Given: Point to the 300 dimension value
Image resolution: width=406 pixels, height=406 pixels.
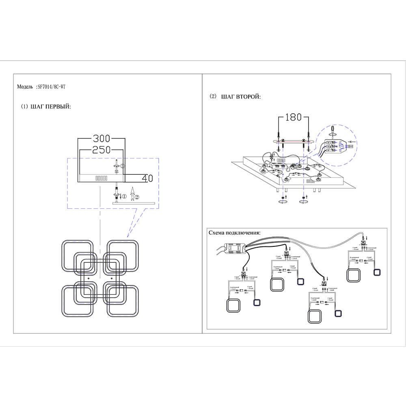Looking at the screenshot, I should pos(101,138).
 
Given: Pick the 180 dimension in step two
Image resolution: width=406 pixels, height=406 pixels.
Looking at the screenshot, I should pos(293,117).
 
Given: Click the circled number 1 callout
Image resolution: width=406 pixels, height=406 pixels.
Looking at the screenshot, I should pos(125,197).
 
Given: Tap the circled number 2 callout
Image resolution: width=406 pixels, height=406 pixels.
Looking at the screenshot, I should pos(137,197).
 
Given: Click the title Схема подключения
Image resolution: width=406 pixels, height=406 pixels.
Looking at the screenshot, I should pos(234,233).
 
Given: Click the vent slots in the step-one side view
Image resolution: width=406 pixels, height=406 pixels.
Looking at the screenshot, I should pos(101,178).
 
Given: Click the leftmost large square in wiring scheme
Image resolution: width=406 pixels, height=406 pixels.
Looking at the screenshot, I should pos(233,305).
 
